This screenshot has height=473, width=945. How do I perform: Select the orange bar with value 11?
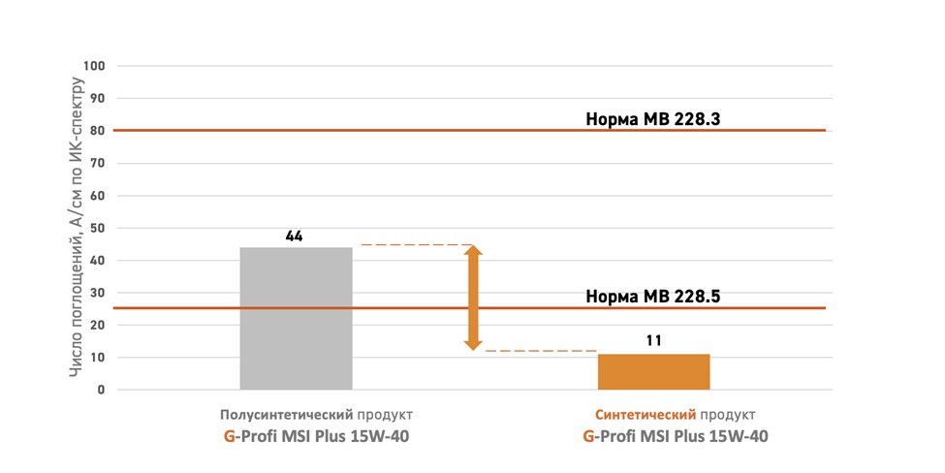pyautogui.click(x=653, y=371)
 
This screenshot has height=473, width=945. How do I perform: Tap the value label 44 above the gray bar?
pyautogui.click(x=295, y=236)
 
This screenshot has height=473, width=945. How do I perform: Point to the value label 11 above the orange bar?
pyautogui.click(x=653, y=341)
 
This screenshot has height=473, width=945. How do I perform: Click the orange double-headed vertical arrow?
pyautogui.click(x=473, y=298)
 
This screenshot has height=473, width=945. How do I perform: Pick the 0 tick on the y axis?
pyautogui.click(x=100, y=390)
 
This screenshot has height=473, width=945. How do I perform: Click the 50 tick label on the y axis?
pyautogui.click(x=97, y=228)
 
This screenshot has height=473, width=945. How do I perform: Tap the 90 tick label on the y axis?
pyautogui.click(x=97, y=98)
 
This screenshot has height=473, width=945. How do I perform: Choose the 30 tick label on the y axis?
pyautogui.click(x=97, y=293)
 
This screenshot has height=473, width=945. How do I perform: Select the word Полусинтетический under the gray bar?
pyautogui.click(x=278, y=414)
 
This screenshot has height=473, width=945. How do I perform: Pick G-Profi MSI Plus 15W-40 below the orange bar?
pyautogui.click(x=676, y=436)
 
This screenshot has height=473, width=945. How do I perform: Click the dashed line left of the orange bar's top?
pyautogui.click(x=541, y=350)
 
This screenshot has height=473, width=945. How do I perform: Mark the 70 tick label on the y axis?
pyautogui.click(x=97, y=163)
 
